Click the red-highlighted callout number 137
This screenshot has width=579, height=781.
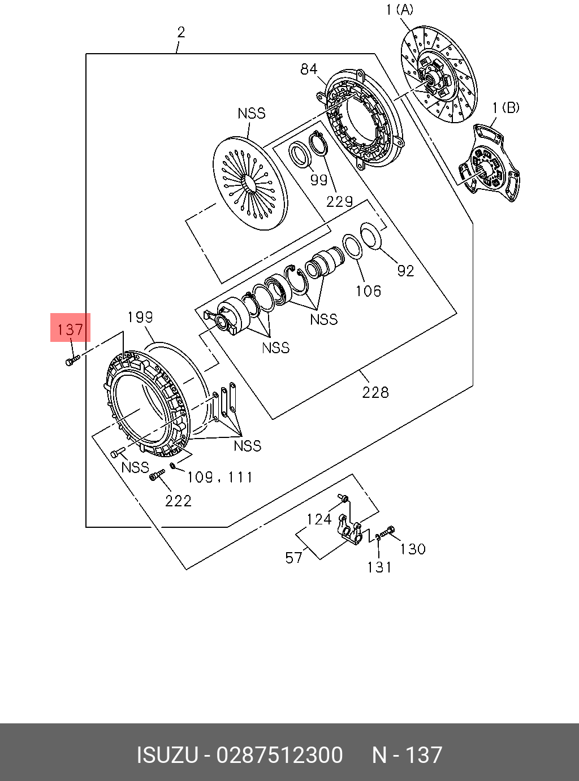coord(70,329)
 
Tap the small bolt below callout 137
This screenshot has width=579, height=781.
coord(72,361)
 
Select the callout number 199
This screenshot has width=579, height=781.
coord(140,317)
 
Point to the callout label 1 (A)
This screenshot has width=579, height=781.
coord(400,10)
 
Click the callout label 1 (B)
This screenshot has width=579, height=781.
coord(505,108)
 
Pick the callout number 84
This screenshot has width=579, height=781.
coord(309,70)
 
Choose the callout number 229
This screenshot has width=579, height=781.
coord(339,201)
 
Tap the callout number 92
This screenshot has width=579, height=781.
coord(405,271)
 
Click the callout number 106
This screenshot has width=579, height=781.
coord(368,291)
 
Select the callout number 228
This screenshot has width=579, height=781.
coord(375,392)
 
